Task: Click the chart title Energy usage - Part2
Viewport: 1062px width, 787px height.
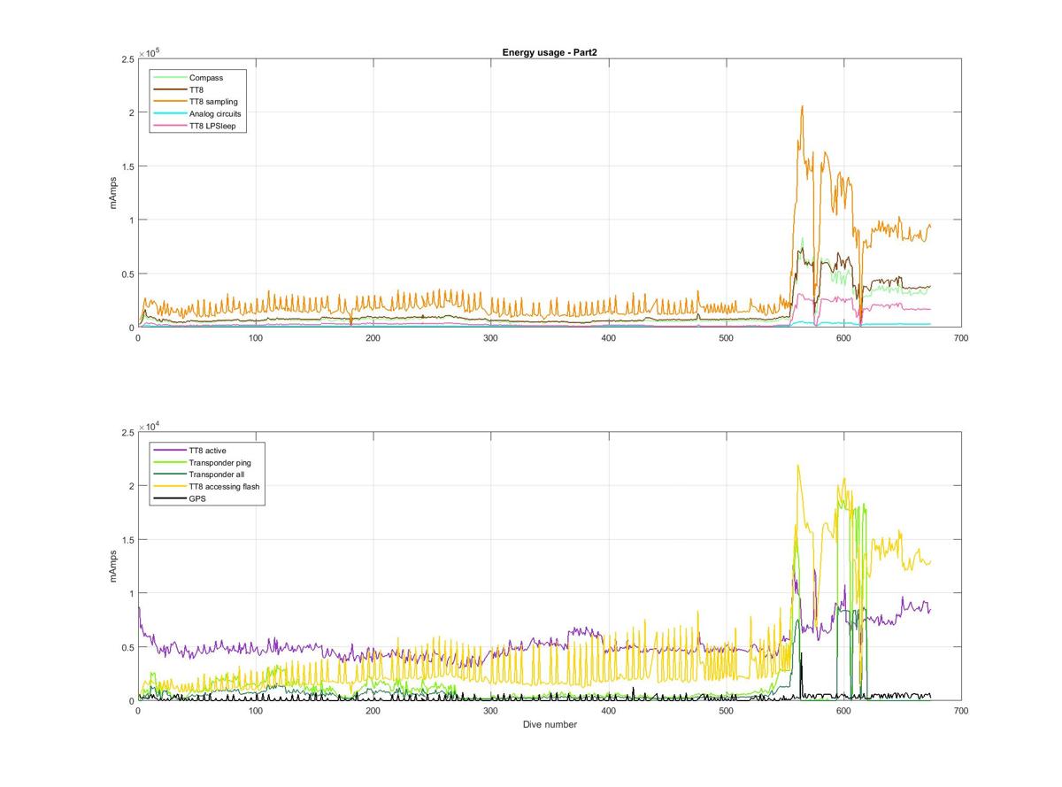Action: point(549,52)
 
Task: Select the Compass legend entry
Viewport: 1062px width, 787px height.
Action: point(206,78)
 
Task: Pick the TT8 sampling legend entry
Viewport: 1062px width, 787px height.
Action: point(213,102)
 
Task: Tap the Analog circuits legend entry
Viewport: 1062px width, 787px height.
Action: point(215,114)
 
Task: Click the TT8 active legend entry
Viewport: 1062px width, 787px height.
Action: point(207,451)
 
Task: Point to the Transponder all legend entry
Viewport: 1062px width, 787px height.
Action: point(216,475)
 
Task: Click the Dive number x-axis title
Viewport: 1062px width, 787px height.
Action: point(549,724)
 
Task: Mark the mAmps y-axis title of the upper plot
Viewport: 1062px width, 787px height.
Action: point(112,192)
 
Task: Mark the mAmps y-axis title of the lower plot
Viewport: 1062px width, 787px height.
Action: point(112,566)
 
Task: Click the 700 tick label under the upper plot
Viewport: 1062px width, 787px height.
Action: point(960,337)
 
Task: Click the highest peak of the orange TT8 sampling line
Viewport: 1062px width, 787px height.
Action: point(802,106)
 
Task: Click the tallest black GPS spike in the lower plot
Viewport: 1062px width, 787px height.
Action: point(801,654)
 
